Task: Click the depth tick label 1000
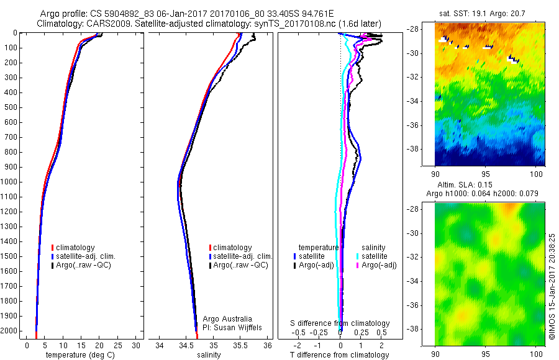coord(11,182)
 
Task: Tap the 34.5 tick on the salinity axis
coord(186,344)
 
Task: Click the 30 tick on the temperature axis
coord(136,344)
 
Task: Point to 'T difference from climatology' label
coord(339,355)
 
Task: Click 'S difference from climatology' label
coord(340,323)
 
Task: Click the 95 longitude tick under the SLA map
coord(491,353)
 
